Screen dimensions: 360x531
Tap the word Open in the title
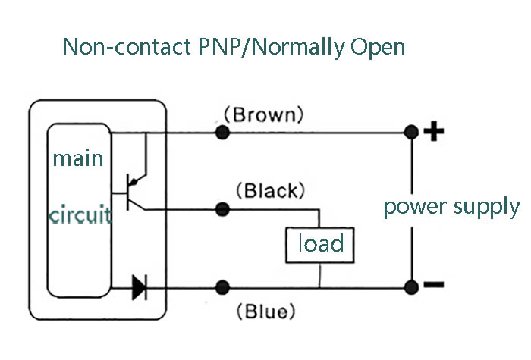click(x=377, y=47)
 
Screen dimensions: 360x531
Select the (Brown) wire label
click(x=263, y=115)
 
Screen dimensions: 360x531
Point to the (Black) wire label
click(x=271, y=189)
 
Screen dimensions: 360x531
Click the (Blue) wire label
click(x=264, y=311)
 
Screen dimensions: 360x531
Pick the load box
click(x=319, y=244)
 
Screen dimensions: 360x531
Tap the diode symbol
click(x=139, y=287)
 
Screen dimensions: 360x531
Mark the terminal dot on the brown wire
click(x=222, y=133)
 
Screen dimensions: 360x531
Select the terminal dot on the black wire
click(x=222, y=208)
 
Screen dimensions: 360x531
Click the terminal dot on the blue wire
click(x=222, y=287)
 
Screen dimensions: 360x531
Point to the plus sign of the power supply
click(x=433, y=133)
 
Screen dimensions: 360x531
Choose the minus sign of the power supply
click(x=433, y=286)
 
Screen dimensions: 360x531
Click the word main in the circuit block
click(x=77, y=159)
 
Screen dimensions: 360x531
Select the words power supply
click(x=451, y=207)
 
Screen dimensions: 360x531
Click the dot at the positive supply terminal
click(x=411, y=133)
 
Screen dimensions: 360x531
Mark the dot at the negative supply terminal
click(x=411, y=287)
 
